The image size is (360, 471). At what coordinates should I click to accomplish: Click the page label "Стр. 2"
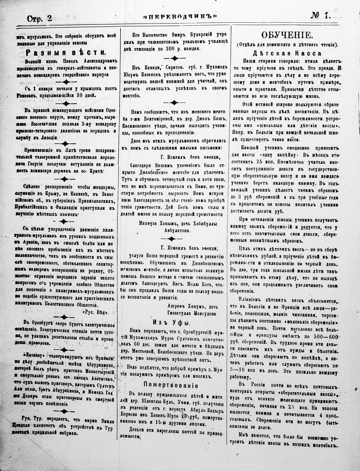(x=39, y=18)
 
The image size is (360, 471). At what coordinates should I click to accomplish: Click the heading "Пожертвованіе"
(x=174, y=385)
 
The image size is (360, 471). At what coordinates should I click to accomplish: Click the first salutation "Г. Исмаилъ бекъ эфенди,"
(x=189, y=157)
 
